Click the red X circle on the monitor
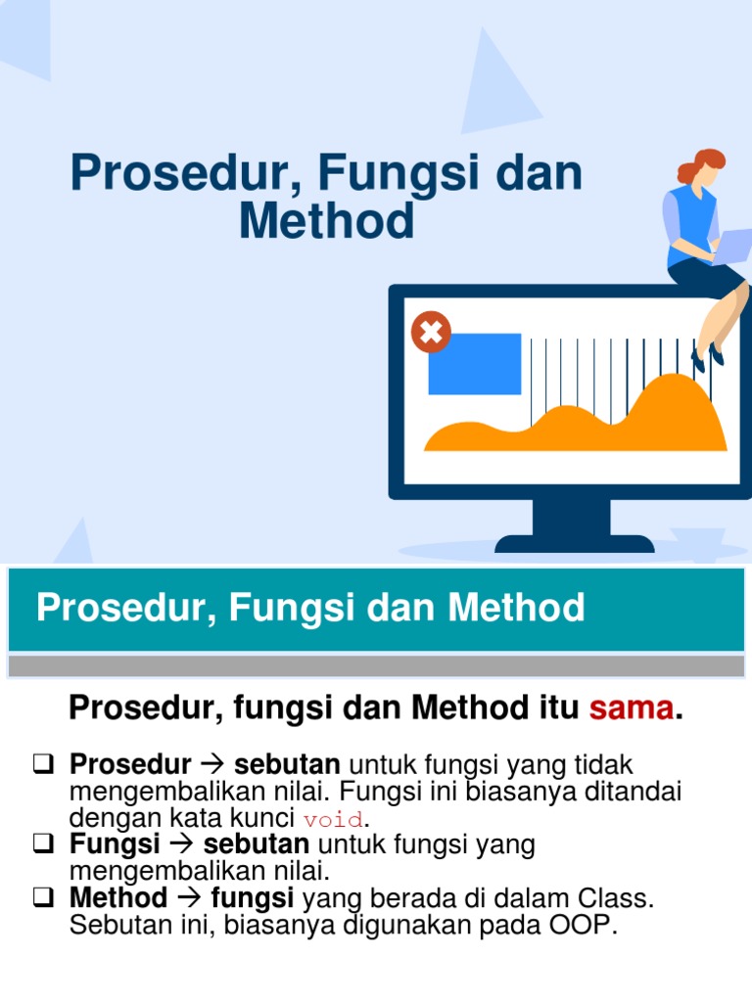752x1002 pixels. (431, 333)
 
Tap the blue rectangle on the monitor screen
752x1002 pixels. (475, 363)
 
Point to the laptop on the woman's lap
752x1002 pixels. (730, 245)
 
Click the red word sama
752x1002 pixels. (632, 708)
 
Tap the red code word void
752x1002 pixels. (333, 819)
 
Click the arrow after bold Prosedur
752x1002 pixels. (212, 763)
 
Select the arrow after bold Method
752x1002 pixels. (189, 897)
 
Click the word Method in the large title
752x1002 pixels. (326, 220)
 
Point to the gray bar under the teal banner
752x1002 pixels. (376, 666)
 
